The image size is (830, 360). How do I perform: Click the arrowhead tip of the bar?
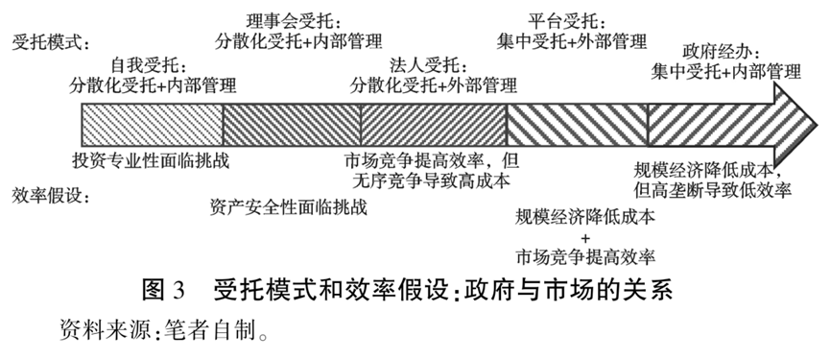point(819,125)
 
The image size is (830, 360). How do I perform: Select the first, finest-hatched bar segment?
point(153,125)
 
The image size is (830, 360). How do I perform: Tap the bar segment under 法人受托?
point(434,125)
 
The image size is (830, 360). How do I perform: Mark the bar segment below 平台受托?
point(578,125)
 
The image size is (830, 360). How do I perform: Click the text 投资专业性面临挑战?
point(152,160)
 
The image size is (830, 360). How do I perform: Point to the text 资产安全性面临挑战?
point(288,207)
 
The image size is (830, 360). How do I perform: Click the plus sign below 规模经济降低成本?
point(585,237)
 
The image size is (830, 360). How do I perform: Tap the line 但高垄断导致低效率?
point(713,189)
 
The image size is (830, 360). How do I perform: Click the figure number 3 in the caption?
point(178,292)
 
